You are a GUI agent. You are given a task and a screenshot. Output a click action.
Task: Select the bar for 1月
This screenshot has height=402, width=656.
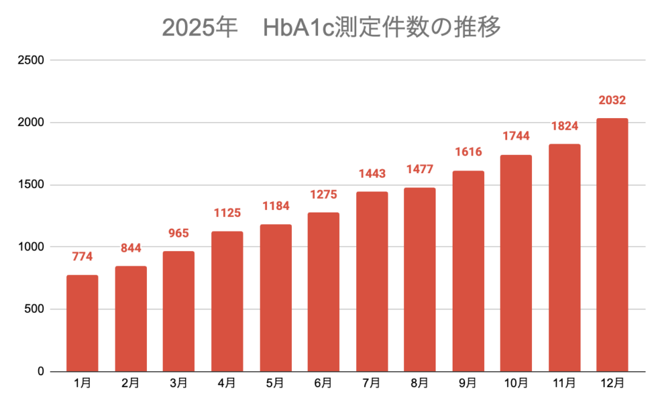(x=83, y=323)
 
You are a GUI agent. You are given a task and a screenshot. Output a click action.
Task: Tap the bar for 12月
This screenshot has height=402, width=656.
(x=612, y=245)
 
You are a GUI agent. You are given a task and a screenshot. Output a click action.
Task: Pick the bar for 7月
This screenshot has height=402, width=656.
(x=372, y=281)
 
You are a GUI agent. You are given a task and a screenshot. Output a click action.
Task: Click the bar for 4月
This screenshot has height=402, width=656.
(x=228, y=301)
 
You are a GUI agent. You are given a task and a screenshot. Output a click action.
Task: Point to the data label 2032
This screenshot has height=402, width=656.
(x=612, y=100)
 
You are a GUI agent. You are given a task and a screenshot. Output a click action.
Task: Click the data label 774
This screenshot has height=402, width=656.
(x=83, y=257)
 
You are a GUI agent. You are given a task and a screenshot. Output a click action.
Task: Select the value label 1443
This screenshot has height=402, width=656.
(x=372, y=174)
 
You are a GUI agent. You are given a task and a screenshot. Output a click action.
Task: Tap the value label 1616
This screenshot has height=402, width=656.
(x=468, y=152)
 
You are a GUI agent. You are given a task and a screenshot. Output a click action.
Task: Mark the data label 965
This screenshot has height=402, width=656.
(x=179, y=233)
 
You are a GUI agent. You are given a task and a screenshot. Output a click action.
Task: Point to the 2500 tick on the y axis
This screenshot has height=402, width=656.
(x=31, y=60)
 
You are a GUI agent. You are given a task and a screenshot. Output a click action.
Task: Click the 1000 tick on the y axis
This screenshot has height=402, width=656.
(x=31, y=247)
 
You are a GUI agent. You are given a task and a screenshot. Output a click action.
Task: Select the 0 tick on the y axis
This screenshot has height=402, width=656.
(x=40, y=372)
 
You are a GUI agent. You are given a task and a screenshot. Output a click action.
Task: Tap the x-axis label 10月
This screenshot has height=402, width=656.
(x=516, y=382)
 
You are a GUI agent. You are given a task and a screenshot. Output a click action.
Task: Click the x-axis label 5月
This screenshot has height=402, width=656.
(x=276, y=382)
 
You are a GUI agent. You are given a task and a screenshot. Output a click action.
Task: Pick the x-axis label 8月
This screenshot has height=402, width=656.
(x=420, y=382)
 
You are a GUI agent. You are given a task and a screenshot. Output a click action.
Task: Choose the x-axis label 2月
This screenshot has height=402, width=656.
(x=131, y=382)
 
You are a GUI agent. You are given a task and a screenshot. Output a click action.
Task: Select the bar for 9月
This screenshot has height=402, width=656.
(x=468, y=271)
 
